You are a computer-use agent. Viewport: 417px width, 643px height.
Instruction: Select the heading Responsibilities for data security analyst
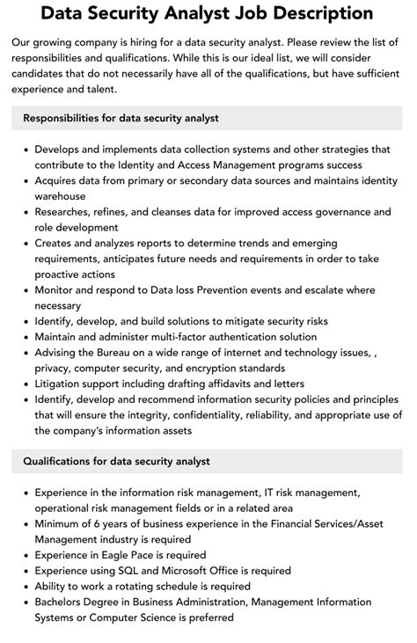click(121, 118)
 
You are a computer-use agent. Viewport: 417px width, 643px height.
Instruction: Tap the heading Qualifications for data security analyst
click(117, 461)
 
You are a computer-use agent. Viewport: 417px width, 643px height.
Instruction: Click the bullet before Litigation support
click(25, 384)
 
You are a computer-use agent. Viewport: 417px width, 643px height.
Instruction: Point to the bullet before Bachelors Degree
click(25, 603)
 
